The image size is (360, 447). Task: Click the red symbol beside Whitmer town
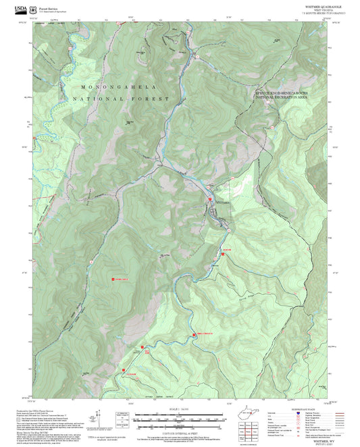click(210, 201)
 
